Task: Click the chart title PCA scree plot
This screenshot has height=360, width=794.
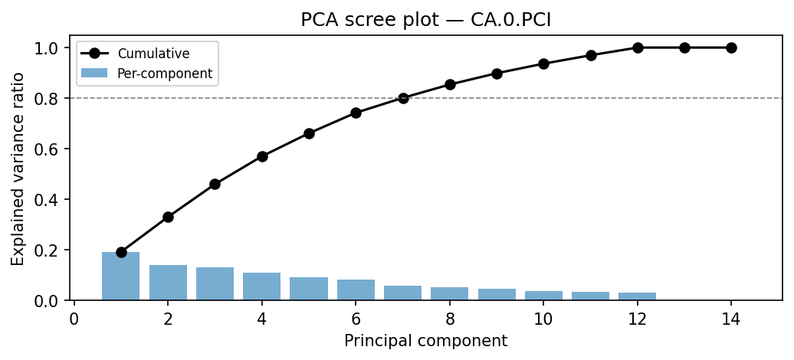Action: tap(425, 20)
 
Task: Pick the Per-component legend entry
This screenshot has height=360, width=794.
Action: tap(164, 74)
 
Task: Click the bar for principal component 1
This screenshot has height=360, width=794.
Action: tap(121, 276)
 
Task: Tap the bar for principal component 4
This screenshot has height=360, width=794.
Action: tap(262, 286)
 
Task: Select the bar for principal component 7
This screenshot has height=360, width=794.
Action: tap(403, 293)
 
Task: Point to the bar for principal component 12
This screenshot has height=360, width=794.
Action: tap(638, 296)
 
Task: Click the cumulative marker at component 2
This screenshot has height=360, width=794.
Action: tap(168, 217)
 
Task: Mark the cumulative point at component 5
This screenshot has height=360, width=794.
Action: tap(309, 133)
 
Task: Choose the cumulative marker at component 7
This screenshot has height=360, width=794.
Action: tap(403, 98)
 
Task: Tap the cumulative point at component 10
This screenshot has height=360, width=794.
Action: tap(543, 64)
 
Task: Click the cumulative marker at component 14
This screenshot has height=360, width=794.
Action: tap(731, 47)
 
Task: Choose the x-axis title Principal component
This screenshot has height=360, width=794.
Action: tap(425, 341)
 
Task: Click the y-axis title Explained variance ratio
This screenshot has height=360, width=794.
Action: tap(18, 169)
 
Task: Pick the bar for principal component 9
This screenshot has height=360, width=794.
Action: tap(497, 294)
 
